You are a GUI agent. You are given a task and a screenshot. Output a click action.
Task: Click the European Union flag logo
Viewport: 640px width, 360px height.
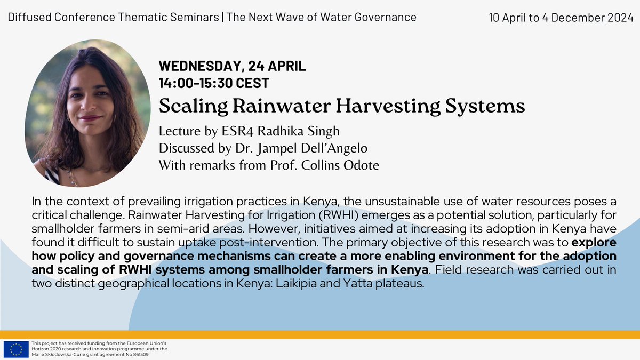pyautogui.click(x=16, y=349)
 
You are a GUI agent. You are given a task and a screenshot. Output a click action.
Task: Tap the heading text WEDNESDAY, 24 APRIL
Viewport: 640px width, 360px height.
pyautogui.click(x=233, y=67)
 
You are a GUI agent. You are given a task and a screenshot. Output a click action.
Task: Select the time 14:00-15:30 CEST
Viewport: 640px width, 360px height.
pyautogui.click(x=214, y=83)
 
